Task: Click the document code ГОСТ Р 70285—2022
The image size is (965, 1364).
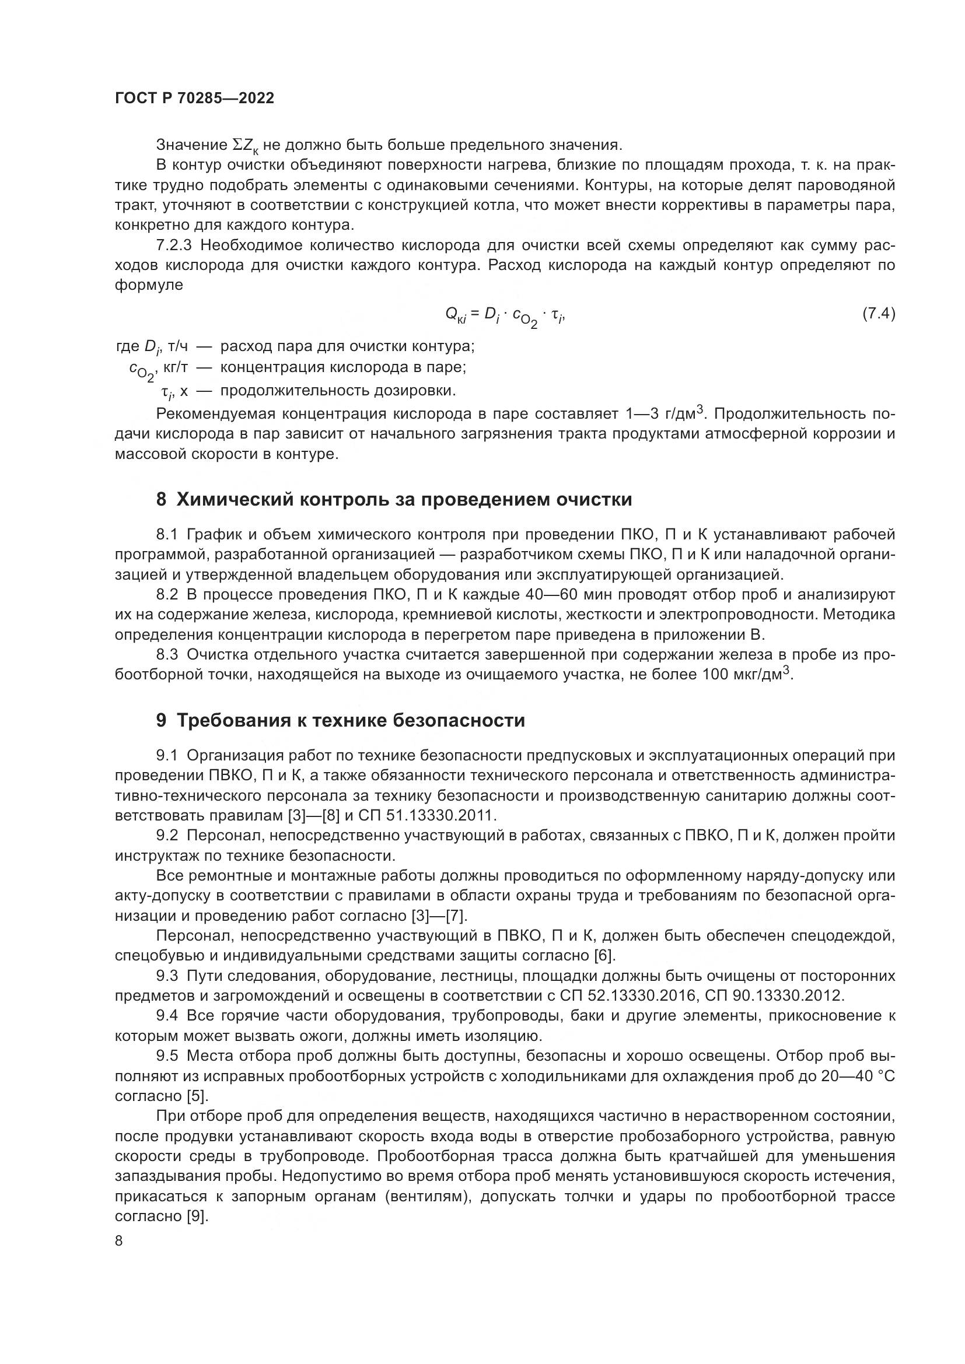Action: (x=194, y=99)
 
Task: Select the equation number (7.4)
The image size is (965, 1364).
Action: (x=878, y=314)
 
